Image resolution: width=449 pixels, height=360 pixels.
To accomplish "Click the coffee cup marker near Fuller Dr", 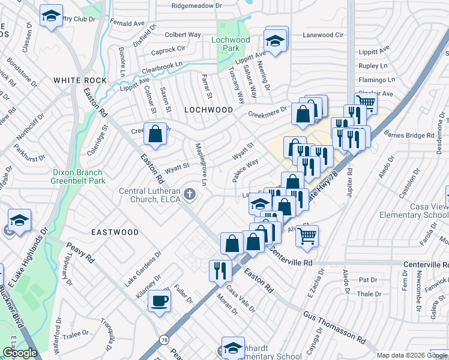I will (x=159, y=301).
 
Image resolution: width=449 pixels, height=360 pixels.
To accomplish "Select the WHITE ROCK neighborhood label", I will (x=80, y=80).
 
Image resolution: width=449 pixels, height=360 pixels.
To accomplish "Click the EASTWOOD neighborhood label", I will (x=115, y=232).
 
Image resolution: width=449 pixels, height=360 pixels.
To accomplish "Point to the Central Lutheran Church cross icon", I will (x=190, y=193).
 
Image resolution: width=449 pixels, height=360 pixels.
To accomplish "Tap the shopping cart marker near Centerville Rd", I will (x=307, y=236).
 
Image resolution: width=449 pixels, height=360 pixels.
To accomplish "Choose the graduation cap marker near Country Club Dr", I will (x=51, y=16).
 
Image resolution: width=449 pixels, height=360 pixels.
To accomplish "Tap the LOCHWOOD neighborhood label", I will (x=208, y=110).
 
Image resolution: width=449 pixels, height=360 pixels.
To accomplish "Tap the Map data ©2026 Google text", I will (x=411, y=355).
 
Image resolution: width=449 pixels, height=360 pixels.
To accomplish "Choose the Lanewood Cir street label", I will (x=324, y=35).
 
